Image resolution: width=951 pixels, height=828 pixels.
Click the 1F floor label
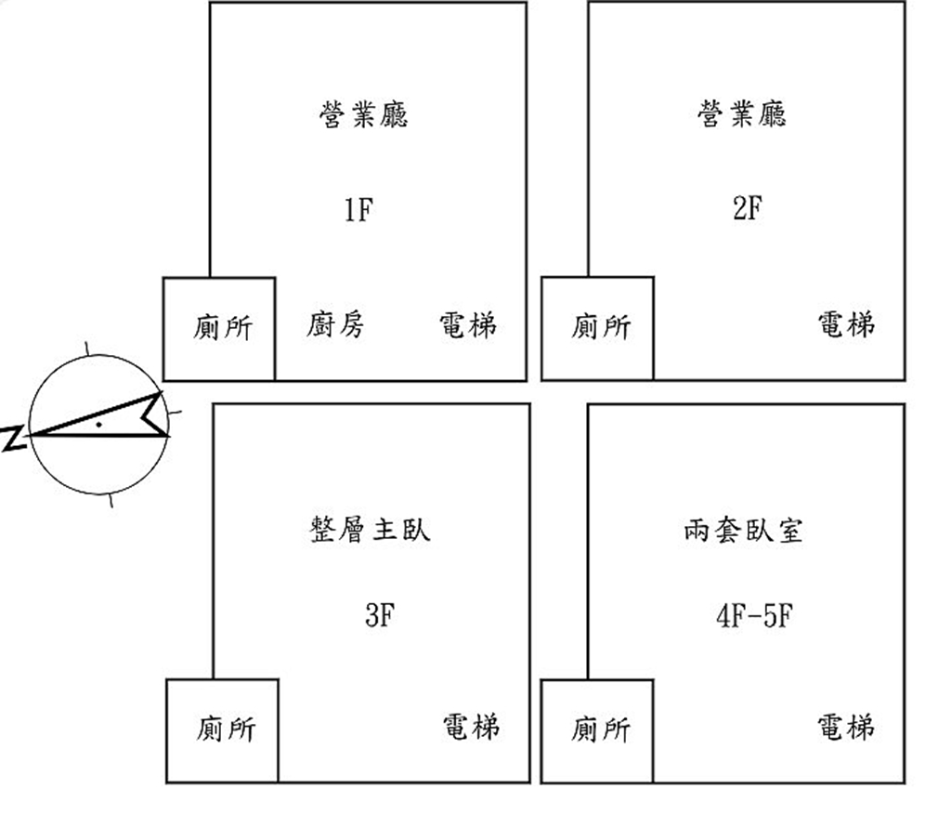358,210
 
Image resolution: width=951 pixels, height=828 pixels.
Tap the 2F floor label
748,207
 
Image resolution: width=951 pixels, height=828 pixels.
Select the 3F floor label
380,615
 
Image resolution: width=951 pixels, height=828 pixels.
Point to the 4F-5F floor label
754,615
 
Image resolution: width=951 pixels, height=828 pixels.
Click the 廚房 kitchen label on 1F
334,324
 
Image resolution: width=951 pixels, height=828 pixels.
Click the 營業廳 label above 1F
364,114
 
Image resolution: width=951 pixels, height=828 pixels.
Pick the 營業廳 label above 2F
742,113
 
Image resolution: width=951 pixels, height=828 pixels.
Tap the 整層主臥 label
370,529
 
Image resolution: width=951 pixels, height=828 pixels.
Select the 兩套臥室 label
744,531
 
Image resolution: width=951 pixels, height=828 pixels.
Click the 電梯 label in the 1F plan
468,324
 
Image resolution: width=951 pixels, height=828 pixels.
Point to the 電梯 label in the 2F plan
846,323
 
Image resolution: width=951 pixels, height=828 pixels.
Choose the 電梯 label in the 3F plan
471,726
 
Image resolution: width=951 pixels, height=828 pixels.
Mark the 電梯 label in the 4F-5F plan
845,726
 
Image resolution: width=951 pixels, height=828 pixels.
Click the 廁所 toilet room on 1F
219,329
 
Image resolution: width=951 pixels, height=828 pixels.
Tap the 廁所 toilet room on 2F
597,328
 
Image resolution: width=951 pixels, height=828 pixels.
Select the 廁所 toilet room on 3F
222,730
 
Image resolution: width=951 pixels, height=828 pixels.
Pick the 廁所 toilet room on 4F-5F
597,730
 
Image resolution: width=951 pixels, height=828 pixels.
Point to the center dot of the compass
98,425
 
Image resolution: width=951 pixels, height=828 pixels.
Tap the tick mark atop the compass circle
86,348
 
